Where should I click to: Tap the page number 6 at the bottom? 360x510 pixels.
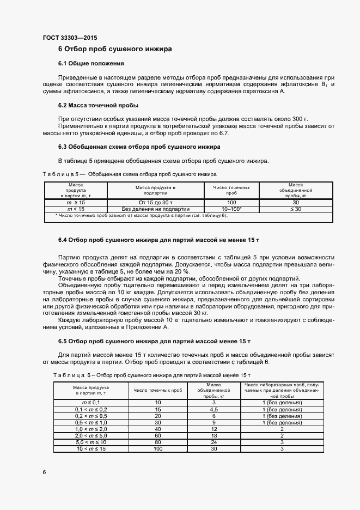[x=44, y=471]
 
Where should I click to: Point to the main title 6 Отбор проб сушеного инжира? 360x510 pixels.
[x=115, y=49]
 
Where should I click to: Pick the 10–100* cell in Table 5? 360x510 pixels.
[x=231, y=208]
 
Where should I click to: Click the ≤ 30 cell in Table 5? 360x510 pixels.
[x=295, y=208]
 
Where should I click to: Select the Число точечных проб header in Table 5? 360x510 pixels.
[x=231, y=190]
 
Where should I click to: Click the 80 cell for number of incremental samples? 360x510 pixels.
[x=158, y=442]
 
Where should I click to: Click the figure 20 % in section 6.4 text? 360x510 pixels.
[x=179, y=271]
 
